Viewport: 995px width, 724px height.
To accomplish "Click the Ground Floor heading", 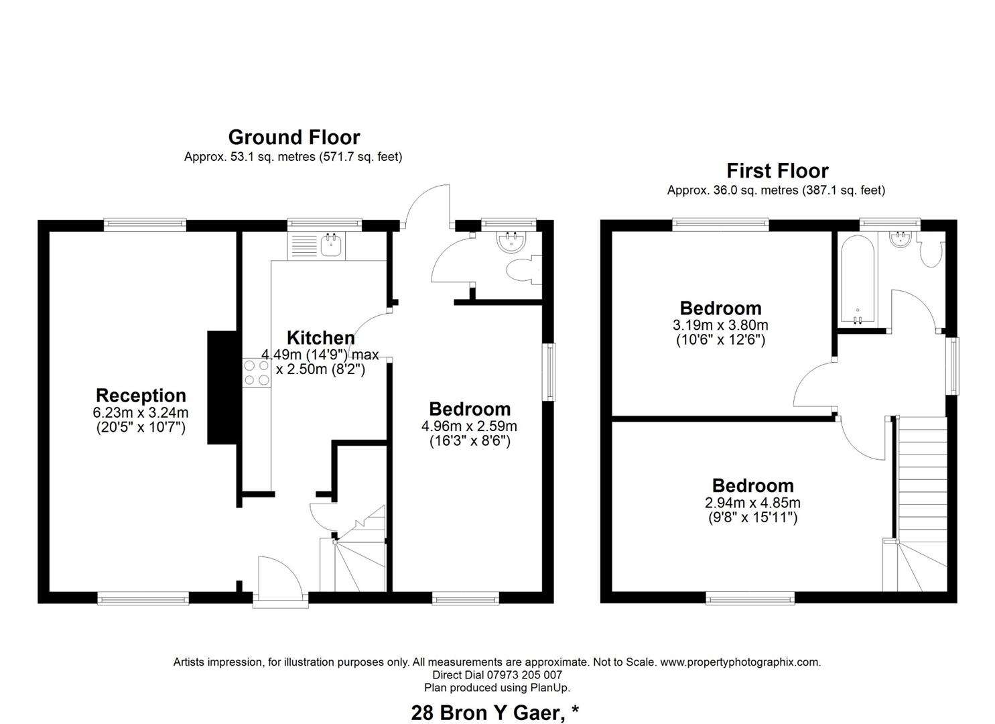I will [293, 137].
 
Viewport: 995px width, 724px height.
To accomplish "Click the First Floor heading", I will [777, 171].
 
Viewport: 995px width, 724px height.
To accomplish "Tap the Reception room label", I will [141, 396].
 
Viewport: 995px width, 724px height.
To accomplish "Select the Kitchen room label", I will [320, 338].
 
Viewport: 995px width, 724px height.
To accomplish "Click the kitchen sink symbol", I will [330, 245].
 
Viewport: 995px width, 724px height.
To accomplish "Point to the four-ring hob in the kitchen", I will [257, 373].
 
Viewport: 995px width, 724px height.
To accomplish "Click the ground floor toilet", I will [523, 271].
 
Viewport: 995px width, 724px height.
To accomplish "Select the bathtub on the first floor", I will [858, 280].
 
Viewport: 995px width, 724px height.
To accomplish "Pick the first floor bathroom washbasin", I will [899, 239].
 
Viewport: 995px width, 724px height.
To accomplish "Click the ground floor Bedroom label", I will [469, 409].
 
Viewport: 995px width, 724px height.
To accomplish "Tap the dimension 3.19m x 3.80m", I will [720, 326].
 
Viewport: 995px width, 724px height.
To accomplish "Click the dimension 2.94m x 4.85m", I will [752, 503].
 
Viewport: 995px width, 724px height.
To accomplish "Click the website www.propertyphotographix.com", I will [740, 662].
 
